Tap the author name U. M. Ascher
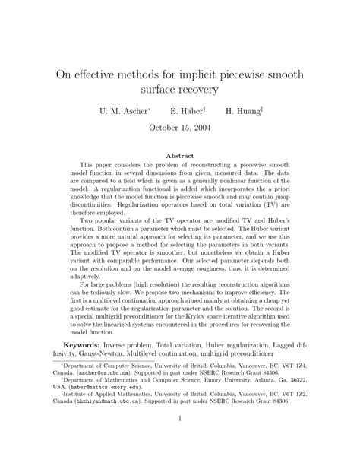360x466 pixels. point(125,111)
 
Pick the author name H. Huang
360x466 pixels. point(242,111)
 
